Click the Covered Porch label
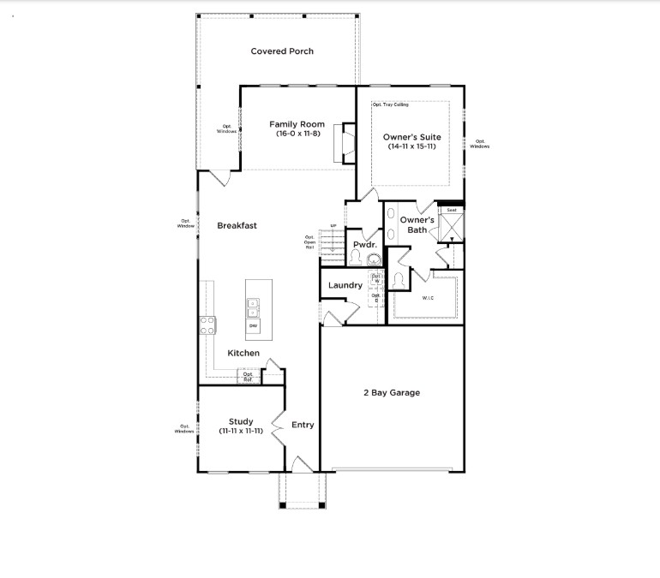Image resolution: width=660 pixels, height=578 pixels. pos(282,51)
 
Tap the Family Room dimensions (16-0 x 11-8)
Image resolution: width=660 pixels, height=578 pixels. pos(297,134)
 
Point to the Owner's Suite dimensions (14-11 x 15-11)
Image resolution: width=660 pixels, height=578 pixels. pos(411,146)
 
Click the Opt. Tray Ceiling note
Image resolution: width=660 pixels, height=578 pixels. pos(390,105)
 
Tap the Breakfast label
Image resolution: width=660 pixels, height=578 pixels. pos(237,226)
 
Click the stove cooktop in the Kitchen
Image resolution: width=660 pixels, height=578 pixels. pos(207,325)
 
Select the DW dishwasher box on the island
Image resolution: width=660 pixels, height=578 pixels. pos(254,326)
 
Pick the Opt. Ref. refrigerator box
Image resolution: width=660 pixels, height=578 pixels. pos(249,376)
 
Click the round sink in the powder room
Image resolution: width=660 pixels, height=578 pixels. pos(373,259)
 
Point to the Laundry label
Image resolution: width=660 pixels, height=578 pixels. pos(345,285)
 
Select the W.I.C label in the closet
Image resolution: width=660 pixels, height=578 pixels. pos(428,298)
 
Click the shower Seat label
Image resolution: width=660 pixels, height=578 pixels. pos(451,210)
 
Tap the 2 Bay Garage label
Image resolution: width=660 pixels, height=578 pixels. pos(392,393)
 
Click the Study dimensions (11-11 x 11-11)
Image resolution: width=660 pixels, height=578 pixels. pos(240,431)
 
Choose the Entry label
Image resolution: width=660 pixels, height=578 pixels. pos(303,425)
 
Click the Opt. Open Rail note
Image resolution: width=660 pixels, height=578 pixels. pos(310,242)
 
